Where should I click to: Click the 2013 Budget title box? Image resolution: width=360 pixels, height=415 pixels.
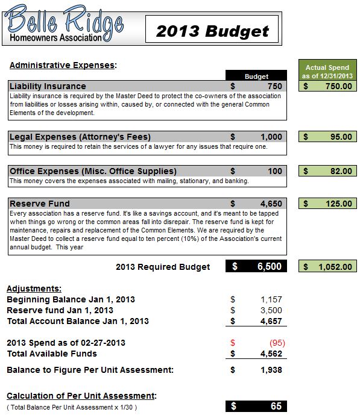point(212,30)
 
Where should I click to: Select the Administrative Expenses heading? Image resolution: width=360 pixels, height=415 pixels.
point(63,65)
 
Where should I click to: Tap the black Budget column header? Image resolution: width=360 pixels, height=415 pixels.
point(256,76)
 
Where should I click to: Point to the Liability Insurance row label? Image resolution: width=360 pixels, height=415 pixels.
point(48,86)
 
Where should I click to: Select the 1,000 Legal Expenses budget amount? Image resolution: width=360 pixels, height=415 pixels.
point(271,137)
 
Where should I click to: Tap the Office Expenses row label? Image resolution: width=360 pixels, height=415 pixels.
point(93,171)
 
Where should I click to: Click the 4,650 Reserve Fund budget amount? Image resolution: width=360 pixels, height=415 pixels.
point(271,204)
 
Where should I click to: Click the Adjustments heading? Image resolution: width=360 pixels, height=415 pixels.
point(34,289)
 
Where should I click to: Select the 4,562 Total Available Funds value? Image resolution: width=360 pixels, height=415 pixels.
point(271,354)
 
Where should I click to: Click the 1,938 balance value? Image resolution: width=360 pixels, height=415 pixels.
point(271,369)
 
